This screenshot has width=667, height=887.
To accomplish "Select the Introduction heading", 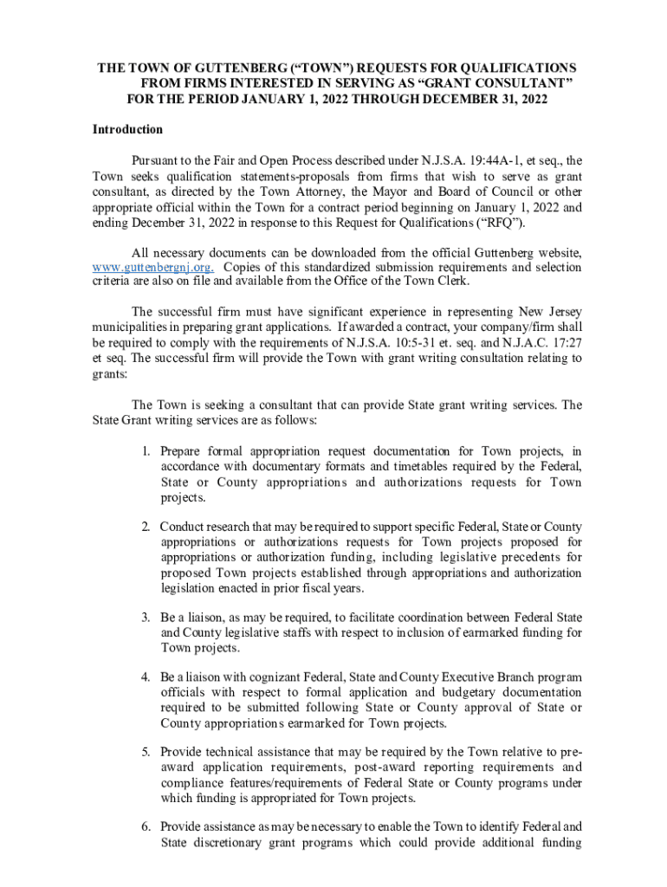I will click(x=127, y=130).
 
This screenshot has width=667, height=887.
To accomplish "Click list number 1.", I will click(x=147, y=451).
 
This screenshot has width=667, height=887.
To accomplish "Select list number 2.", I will click(x=147, y=527).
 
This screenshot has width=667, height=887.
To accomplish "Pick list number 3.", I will click(x=147, y=618).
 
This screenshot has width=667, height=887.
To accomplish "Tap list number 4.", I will click(x=147, y=677).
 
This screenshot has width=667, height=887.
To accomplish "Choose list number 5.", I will click(x=147, y=752).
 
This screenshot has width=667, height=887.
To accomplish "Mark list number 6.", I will click(x=147, y=826).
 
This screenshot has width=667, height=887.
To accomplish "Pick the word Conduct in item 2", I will click(x=182, y=527).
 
